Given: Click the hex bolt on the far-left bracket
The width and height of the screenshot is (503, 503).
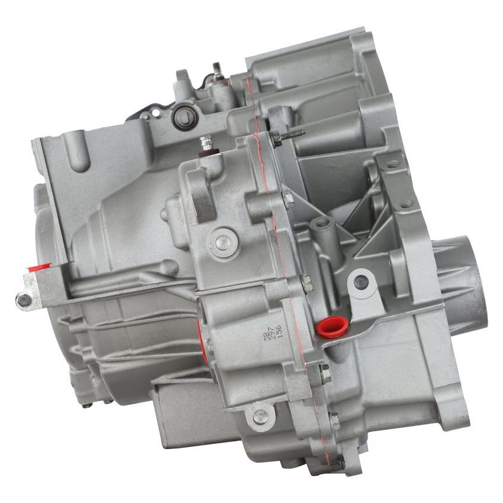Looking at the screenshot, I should pos(24,301).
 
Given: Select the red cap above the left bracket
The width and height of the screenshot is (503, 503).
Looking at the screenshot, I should pos(36,268).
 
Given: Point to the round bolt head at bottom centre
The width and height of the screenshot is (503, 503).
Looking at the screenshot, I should pos(260,417).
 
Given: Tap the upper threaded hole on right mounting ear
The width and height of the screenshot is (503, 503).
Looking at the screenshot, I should pos(392,163).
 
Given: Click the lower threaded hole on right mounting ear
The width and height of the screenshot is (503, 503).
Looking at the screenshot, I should pos(405,205).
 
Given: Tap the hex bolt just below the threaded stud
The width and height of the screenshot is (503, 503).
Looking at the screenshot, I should pos(288,200).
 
